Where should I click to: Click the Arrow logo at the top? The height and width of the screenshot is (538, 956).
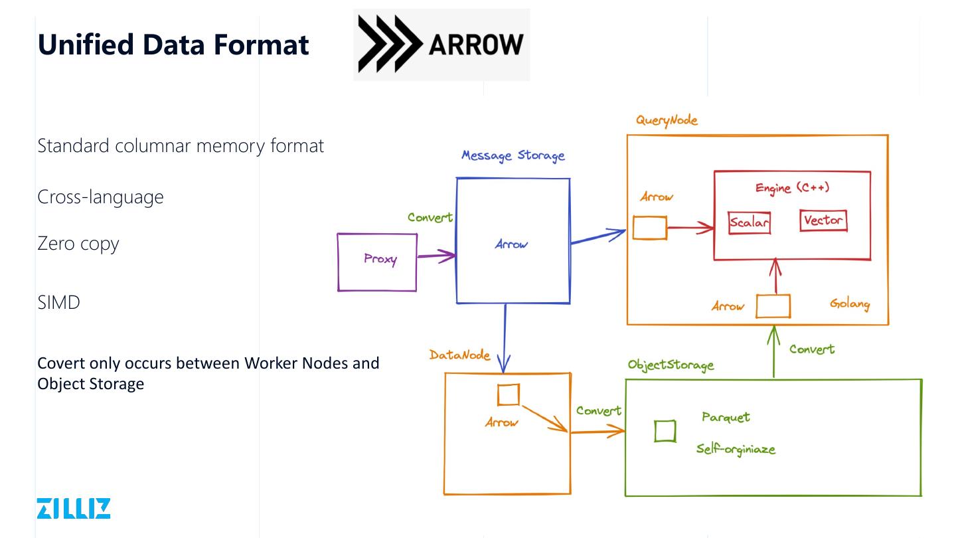441,45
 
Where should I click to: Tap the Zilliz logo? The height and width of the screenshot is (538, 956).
74,508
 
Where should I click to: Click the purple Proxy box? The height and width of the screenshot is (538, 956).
377,262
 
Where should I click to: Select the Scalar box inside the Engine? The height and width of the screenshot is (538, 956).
749,223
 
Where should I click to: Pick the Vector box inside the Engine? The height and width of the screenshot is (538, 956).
823,221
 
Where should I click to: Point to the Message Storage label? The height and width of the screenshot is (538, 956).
513,155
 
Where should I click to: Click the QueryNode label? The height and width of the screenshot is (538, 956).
667,120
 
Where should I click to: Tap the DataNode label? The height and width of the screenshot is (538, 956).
459,355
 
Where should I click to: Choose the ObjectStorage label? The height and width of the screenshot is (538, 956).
671,365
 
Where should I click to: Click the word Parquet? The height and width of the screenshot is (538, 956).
726,417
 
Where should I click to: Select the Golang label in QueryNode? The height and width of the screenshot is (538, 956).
849,304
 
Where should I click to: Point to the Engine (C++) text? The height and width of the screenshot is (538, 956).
792,188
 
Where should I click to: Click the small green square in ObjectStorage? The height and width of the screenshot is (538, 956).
665,431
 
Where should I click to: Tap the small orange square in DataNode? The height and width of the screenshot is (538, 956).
508,395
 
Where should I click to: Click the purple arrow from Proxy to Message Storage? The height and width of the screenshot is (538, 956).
436,255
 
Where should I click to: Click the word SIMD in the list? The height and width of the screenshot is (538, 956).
59,302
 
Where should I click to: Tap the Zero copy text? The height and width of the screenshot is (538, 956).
78,243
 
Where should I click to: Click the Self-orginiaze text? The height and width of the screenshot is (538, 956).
736,449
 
